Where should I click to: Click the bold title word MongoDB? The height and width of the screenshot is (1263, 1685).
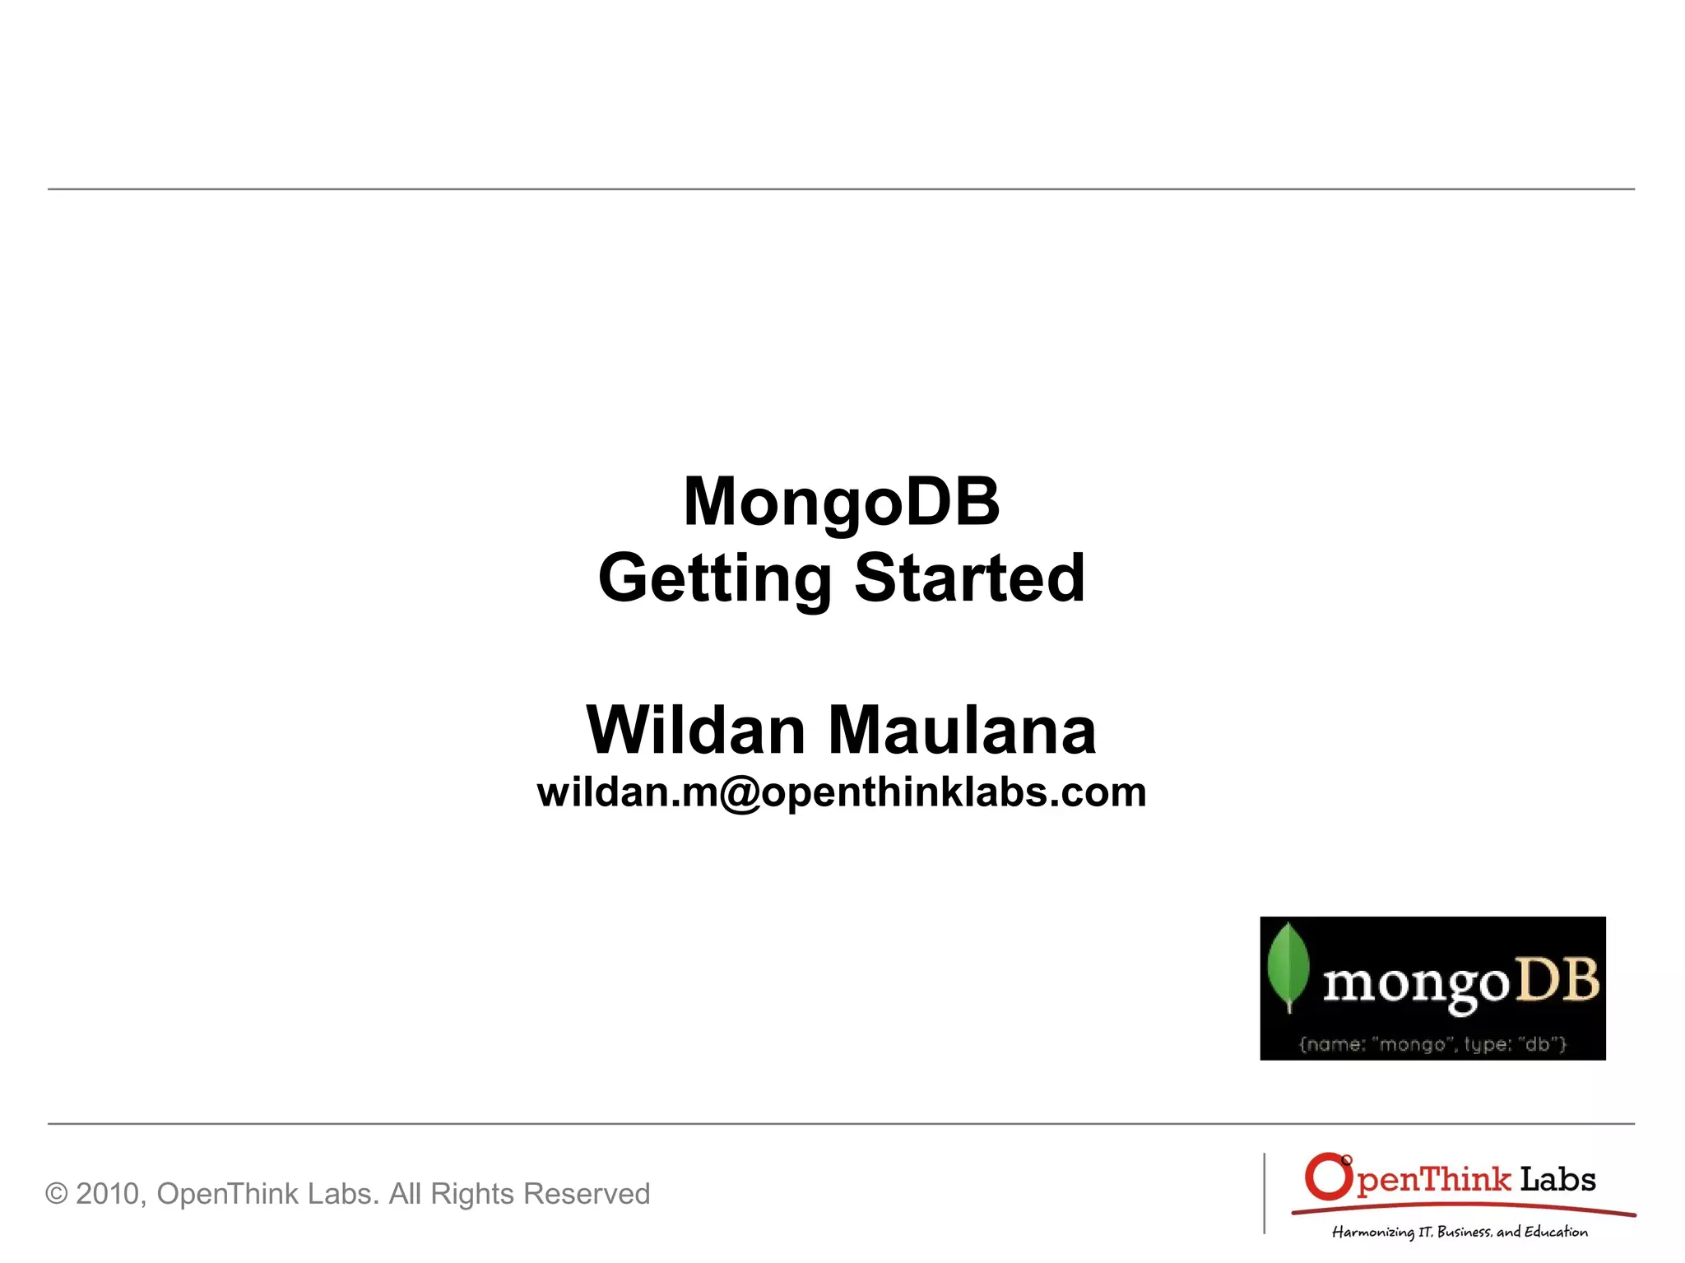coord(841,501)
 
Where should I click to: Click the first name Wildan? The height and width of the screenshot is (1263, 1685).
coord(695,730)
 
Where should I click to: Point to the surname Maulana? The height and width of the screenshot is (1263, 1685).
coord(962,730)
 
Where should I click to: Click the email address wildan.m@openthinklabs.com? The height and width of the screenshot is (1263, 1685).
coord(841,792)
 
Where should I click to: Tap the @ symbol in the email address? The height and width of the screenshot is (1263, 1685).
coord(740,794)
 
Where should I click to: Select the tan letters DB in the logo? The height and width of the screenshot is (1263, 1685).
coord(1558,980)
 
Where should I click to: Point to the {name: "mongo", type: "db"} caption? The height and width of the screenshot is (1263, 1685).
coord(1432,1044)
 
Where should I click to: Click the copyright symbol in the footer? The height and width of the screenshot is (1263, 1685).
coord(57,1194)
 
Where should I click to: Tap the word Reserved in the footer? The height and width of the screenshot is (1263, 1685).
coord(587,1194)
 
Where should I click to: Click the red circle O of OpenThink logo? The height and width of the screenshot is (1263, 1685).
coord(1328,1177)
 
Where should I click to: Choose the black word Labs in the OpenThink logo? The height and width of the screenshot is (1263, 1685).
coord(1557,1180)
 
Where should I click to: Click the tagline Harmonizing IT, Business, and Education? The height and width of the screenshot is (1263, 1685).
coord(1460,1232)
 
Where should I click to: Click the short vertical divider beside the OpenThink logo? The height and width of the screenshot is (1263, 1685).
coord(1265,1193)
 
